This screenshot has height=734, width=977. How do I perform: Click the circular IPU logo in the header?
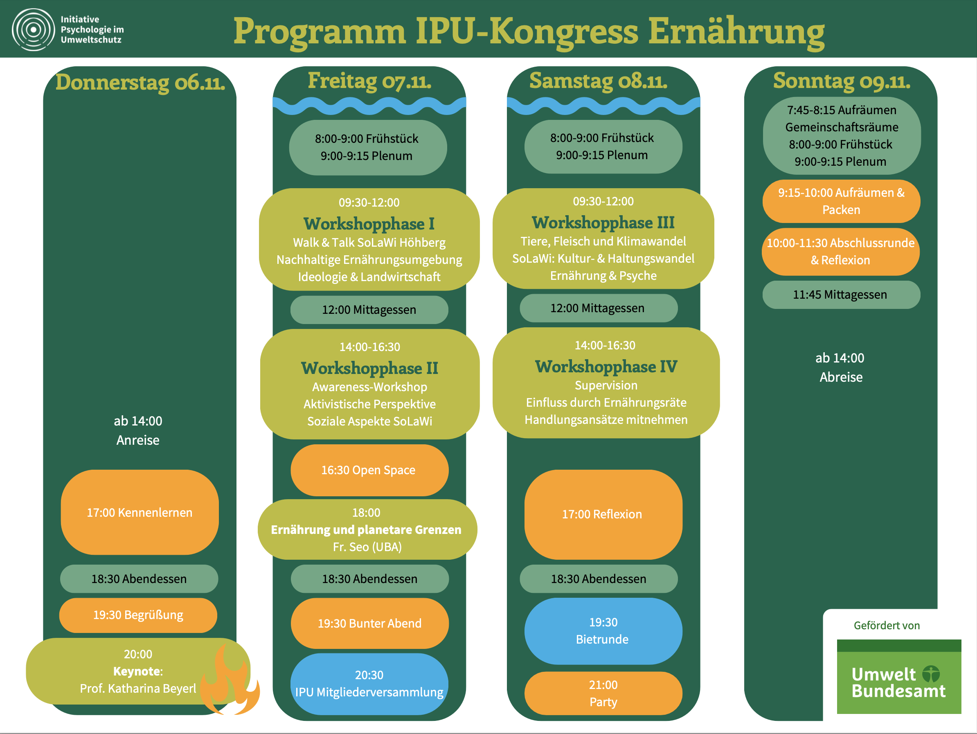[x=34, y=29]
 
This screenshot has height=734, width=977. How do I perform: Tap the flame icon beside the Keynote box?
[x=230, y=680]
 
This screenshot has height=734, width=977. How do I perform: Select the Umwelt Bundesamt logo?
[x=899, y=676]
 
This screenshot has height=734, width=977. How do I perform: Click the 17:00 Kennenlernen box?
[x=140, y=512]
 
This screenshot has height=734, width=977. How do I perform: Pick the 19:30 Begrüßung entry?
[x=138, y=615]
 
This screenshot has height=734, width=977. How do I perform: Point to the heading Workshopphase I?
[x=369, y=224]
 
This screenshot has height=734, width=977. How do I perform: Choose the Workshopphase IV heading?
[x=606, y=367]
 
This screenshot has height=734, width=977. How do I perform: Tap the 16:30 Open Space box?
[x=369, y=470]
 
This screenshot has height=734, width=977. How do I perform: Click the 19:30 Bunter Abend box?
[x=370, y=623]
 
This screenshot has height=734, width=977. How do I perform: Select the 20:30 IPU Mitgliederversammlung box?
[x=369, y=684]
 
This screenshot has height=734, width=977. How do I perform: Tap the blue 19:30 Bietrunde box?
[x=603, y=631]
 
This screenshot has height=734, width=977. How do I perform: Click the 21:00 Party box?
[x=603, y=693]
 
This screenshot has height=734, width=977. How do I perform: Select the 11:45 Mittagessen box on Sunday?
[x=841, y=295]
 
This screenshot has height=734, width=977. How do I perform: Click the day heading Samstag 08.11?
[x=599, y=81]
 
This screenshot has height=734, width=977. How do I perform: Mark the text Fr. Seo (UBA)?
[x=367, y=547]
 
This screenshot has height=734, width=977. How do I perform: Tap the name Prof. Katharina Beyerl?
[x=138, y=689]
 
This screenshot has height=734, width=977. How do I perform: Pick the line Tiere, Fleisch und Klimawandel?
[x=603, y=241]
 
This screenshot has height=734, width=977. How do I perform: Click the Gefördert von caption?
[x=887, y=625]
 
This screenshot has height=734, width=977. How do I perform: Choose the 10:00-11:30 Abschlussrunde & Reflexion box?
[x=840, y=252]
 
